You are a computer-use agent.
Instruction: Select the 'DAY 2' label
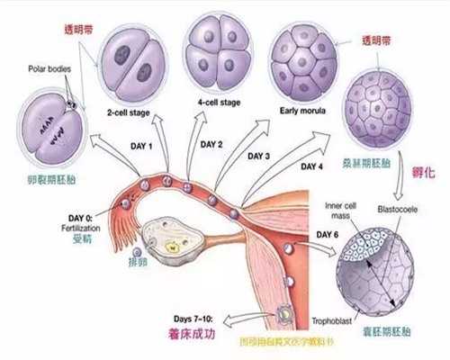pos(212,143)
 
